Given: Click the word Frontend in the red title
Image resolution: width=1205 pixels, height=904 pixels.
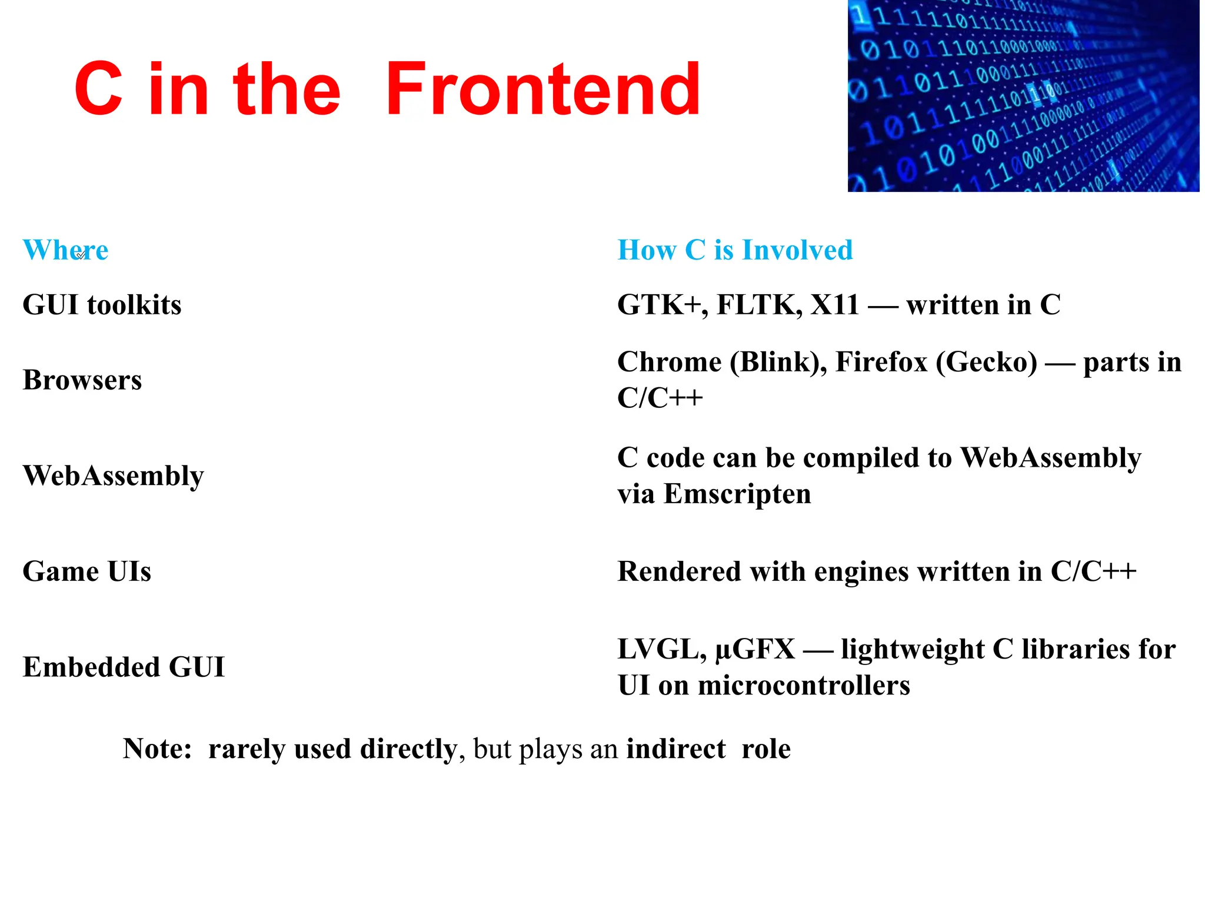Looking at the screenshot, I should point(542,89).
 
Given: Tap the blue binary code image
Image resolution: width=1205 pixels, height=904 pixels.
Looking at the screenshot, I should point(1023,95).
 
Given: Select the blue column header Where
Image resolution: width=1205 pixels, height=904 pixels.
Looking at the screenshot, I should point(65,250).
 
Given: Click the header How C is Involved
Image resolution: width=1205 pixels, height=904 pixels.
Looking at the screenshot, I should point(735,250).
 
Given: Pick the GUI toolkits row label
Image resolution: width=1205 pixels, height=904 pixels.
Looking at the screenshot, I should point(102,305).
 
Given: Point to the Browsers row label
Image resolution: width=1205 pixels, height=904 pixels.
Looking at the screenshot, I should point(82,380).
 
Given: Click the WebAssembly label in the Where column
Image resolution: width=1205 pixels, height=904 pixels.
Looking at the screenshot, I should point(113,476).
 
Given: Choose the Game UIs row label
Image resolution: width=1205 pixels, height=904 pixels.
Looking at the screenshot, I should point(86,571).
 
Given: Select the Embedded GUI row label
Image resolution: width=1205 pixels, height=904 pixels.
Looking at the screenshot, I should point(124,667).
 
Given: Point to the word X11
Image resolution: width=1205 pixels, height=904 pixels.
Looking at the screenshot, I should point(835,305).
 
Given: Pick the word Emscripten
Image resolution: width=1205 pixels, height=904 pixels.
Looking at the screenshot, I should point(737,494).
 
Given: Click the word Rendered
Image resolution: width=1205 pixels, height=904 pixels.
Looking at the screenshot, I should point(679,571).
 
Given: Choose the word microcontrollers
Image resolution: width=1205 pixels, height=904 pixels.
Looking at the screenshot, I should point(804,686).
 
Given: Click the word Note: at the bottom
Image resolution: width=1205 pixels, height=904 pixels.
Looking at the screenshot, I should point(157,749).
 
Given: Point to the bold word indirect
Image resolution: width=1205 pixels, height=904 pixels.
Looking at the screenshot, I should point(675,749).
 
